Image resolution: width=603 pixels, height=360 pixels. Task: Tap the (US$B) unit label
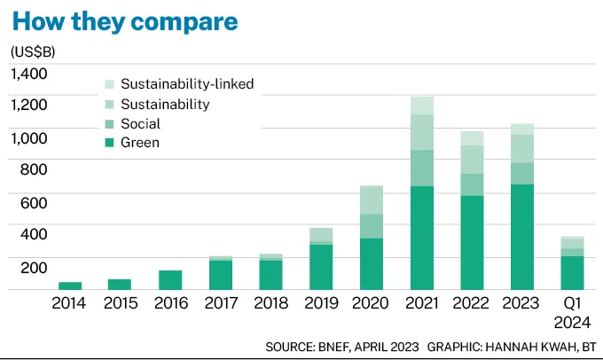(35, 51)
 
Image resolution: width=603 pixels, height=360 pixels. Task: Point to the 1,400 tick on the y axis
(30, 74)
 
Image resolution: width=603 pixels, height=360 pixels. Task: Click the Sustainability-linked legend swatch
(109, 84)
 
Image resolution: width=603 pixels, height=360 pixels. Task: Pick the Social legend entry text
(140, 123)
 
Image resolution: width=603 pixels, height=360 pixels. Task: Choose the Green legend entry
(140, 142)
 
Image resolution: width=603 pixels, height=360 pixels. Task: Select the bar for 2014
(70, 286)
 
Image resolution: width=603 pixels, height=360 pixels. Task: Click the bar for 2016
(170, 280)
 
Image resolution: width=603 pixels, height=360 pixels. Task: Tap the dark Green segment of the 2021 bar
(422, 238)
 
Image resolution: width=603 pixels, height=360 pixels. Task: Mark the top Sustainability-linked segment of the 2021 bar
(422, 106)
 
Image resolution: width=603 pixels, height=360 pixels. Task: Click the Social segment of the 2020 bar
(372, 226)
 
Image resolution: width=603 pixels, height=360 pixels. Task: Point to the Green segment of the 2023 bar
(522, 237)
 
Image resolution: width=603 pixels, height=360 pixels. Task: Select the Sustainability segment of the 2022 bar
(472, 160)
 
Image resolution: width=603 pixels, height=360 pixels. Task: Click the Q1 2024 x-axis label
(573, 312)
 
